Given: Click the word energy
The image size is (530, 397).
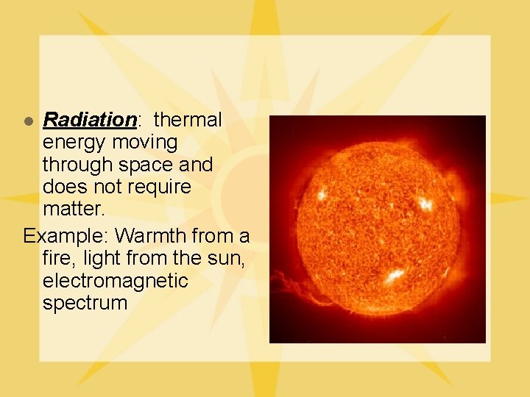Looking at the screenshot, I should (x=74, y=142).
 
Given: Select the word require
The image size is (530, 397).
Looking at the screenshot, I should (x=159, y=187).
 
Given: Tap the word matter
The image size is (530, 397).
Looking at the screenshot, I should (x=74, y=210).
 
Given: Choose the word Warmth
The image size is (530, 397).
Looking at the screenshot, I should (x=150, y=236).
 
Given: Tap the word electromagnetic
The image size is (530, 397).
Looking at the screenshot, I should (x=115, y=281).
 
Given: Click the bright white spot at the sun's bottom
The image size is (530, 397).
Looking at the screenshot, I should (x=393, y=276).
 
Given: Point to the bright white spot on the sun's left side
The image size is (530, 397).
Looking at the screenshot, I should (x=322, y=194).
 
